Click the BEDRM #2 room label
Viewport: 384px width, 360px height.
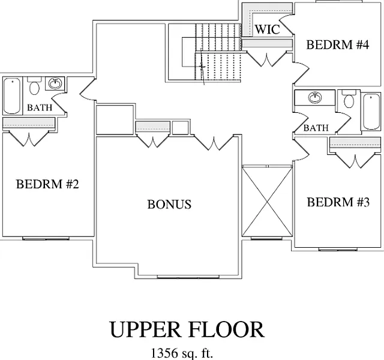(x=47, y=184)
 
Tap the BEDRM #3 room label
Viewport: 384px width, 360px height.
(x=338, y=202)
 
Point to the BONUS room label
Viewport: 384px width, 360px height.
(x=169, y=204)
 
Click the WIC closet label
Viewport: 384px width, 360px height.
(x=267, y=29)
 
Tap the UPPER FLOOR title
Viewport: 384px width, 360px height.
(x=186, y=329)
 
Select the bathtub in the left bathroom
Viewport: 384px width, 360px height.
(x=12, y=96)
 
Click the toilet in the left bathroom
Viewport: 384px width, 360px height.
(x=34, y=87)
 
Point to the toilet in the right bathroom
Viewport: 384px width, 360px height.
(x=348, y=100)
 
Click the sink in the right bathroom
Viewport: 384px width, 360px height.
(x=314, y=98)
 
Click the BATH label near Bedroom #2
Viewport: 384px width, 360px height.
(x=40, y=108)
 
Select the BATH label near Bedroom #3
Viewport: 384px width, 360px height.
(x=316, y=128)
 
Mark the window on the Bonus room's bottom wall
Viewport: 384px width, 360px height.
(x=184, y=277)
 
